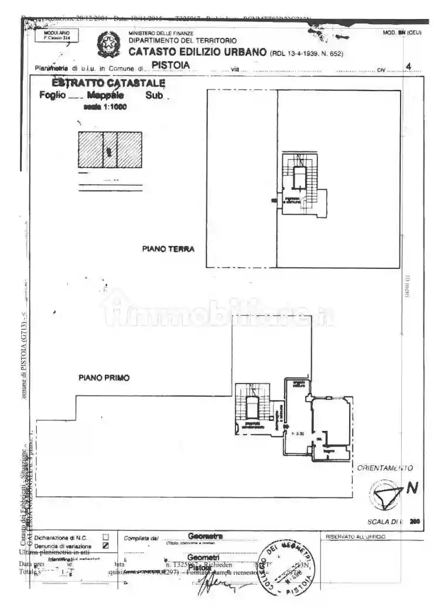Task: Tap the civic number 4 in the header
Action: pos(408,67)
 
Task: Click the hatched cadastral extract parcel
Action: pos(110,149)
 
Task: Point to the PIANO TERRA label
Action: pos(168,249)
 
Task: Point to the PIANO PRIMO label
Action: pos(104,378)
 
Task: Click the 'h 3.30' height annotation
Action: pos(298,433)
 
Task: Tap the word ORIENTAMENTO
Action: pos(385,468)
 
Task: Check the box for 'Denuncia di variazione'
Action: pos(105,545)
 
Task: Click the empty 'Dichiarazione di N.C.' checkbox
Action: pos(105,537)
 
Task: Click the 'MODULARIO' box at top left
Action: pos(57,35)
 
